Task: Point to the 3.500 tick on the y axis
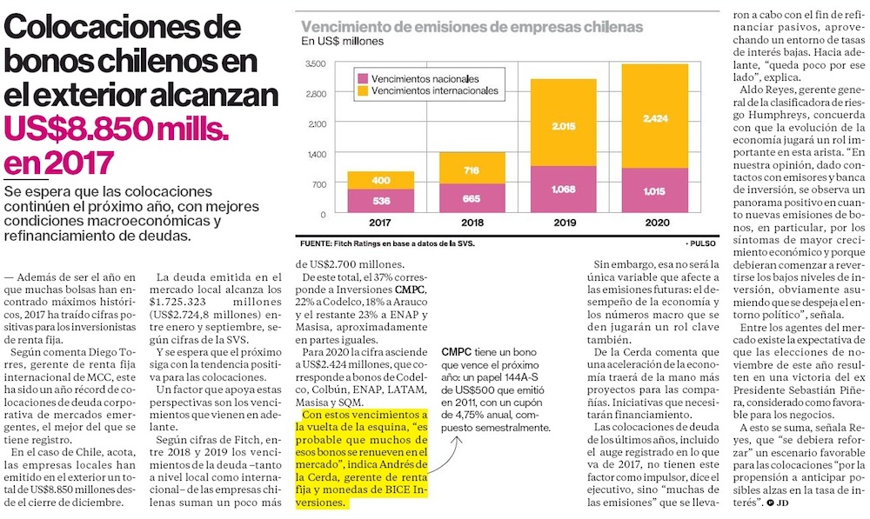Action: tap(316, 63)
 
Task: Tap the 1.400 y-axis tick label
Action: tap(316, 154)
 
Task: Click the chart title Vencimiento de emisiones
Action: tap(471, 26)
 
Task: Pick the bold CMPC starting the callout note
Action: tap(457, 352)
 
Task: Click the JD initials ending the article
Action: tap(783, 503)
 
